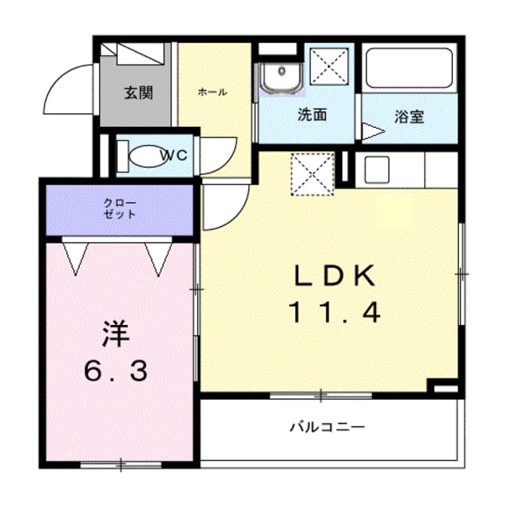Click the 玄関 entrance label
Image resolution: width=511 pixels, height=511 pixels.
(137, 93)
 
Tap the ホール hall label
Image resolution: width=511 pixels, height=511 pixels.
(212, 92)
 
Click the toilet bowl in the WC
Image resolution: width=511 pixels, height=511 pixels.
(144, 156)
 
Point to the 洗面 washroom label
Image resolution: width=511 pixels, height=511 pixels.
(312, 115)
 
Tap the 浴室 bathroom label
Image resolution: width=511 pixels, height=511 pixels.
(409, 117)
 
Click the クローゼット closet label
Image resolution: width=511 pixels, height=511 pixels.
(119, 208)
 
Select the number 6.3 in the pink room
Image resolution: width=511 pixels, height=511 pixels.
(116, 371)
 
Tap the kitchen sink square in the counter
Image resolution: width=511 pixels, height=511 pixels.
(376, 170)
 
